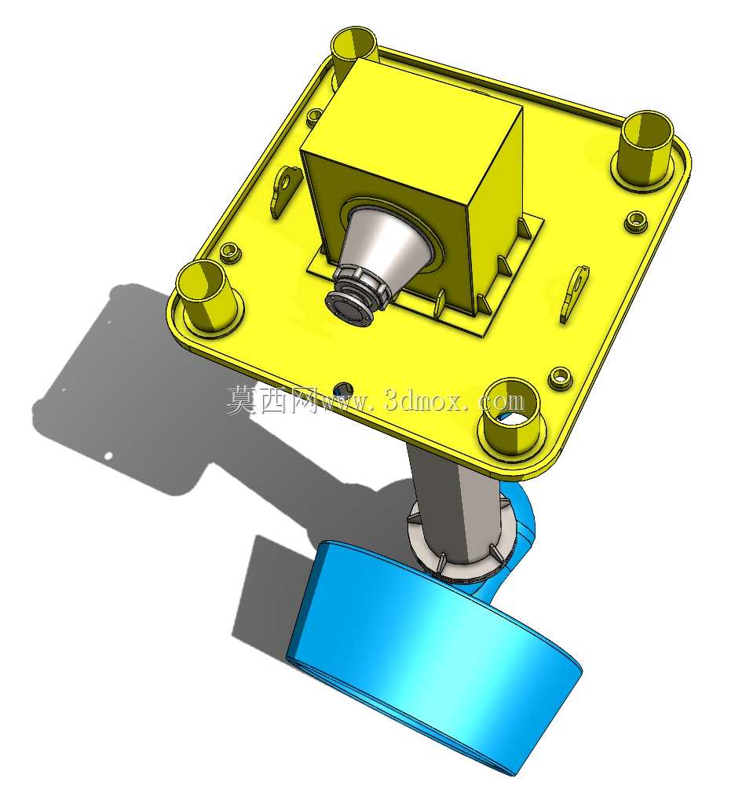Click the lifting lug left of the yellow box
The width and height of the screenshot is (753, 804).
[283, 191]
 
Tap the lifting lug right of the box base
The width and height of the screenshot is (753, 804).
[574, 294]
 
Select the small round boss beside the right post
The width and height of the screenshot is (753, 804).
[636, 221]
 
